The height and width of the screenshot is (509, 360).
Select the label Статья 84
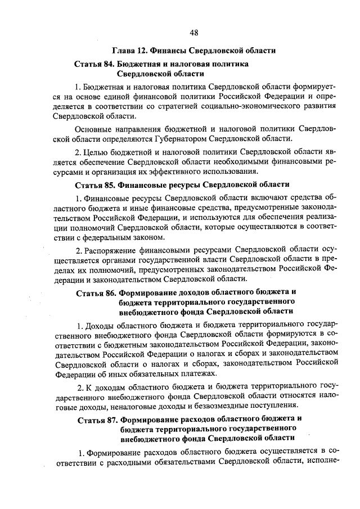pos(96,65)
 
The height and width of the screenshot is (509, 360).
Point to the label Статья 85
pos(97,184)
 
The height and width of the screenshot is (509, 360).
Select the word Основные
pos(93,128)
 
